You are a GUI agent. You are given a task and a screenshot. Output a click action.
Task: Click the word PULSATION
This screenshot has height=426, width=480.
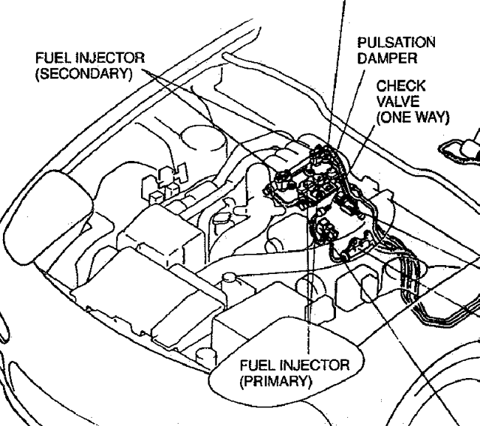pyautogui.click(x=396, y=42)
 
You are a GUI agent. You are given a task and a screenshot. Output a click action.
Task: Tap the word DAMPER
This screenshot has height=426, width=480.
pyautogui.click(x=387, y=58)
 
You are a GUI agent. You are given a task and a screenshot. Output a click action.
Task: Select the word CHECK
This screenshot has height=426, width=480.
pyautogui.click(x=400, y=86)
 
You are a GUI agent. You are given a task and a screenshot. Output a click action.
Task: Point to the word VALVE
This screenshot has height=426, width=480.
pyautogui.click(x=397, y=102)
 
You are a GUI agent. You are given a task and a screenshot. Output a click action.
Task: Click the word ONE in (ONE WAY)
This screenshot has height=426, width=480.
pyautogui.click(x=397, y=118)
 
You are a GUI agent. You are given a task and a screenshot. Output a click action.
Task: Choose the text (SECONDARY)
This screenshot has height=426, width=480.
pyautogui.click(x=84, y=73)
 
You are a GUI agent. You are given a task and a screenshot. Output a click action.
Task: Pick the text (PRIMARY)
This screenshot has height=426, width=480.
pyautogui.click(x=275, y=381)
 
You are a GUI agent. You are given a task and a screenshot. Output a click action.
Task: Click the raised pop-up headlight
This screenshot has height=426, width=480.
pyautogui.click(x=48, y=217)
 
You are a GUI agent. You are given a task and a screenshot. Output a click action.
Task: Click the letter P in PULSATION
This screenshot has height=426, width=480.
pyautogui.click(x=361, y=42)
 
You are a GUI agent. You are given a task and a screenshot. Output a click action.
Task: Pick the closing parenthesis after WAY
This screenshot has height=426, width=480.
pyautogui.click(x=447, y=118)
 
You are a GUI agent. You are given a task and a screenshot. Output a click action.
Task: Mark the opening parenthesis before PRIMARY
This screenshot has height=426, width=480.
pyautogui.click(x=241, y=381)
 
